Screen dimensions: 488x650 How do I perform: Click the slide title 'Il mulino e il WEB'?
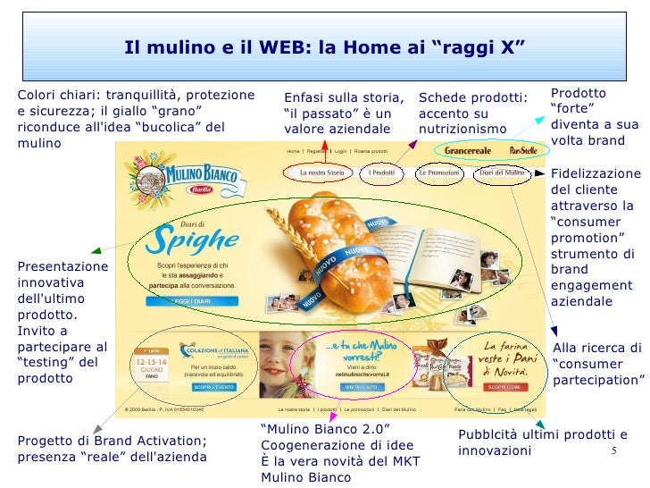324,46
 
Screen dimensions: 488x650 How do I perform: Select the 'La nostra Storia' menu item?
322,172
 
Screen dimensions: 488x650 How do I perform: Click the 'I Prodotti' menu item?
382,172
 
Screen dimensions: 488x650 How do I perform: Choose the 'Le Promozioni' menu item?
438,172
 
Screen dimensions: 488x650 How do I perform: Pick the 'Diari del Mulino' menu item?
502,172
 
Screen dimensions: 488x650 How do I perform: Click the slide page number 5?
614,450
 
